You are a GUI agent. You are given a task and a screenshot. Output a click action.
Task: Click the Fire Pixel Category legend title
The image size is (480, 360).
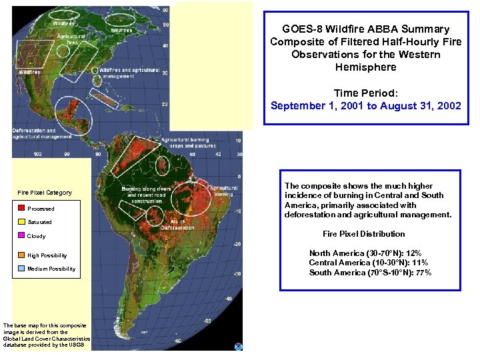[x=45, y=193]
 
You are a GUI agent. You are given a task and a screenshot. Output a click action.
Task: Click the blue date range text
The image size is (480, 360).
[x=365, y=105]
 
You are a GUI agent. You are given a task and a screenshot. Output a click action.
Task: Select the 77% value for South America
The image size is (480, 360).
[x=423, y=273]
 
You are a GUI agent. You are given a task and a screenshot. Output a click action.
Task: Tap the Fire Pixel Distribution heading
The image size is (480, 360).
[x=363, y=234]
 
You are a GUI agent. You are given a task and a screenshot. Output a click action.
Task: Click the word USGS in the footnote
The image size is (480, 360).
[x=77, y=345]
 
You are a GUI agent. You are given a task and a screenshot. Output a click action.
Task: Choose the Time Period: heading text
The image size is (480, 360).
[x=365, y=93]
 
